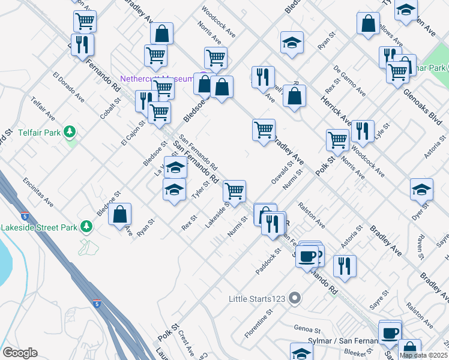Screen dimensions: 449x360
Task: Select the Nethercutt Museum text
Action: [x=157, y=79]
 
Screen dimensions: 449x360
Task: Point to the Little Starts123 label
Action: [x=258, y=298]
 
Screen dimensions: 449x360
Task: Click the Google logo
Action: [x=20, y=353]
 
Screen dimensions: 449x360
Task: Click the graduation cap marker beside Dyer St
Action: [x=421, y=189]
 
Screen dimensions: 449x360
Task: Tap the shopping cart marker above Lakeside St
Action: [x=234, y=191]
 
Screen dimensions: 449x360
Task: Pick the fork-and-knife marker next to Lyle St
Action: [x=363, y=131]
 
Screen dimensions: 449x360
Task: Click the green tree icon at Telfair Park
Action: [x=70, y=131]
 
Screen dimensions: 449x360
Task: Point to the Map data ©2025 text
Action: [x=424, y=355]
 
